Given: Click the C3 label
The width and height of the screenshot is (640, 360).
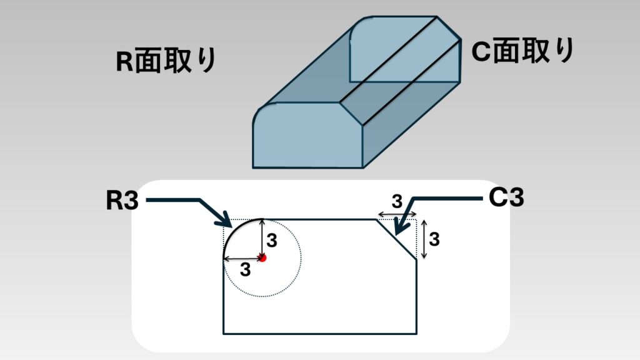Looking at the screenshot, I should pos(506,198).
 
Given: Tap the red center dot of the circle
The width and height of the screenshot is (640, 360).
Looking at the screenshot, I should pos(263,257).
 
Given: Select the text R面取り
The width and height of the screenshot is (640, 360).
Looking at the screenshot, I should pos(166,61).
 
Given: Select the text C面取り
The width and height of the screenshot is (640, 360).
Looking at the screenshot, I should pos(522,52).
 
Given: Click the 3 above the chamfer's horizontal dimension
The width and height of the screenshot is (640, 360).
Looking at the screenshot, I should pos(397,201).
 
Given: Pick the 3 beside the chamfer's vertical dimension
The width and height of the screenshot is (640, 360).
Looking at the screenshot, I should pos(435,239).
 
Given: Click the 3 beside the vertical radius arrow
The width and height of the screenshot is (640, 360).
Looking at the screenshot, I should pos(271,239).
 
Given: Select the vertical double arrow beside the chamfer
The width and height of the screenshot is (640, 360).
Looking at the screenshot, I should pos(424,239).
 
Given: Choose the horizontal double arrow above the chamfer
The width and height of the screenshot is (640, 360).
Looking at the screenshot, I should pos(396,215).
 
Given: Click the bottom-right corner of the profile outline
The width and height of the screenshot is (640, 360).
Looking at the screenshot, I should pos(416,334).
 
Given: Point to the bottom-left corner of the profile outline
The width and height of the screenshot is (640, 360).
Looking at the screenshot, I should pos(224,334).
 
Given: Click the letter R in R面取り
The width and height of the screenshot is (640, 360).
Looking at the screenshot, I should pos(124,61).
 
